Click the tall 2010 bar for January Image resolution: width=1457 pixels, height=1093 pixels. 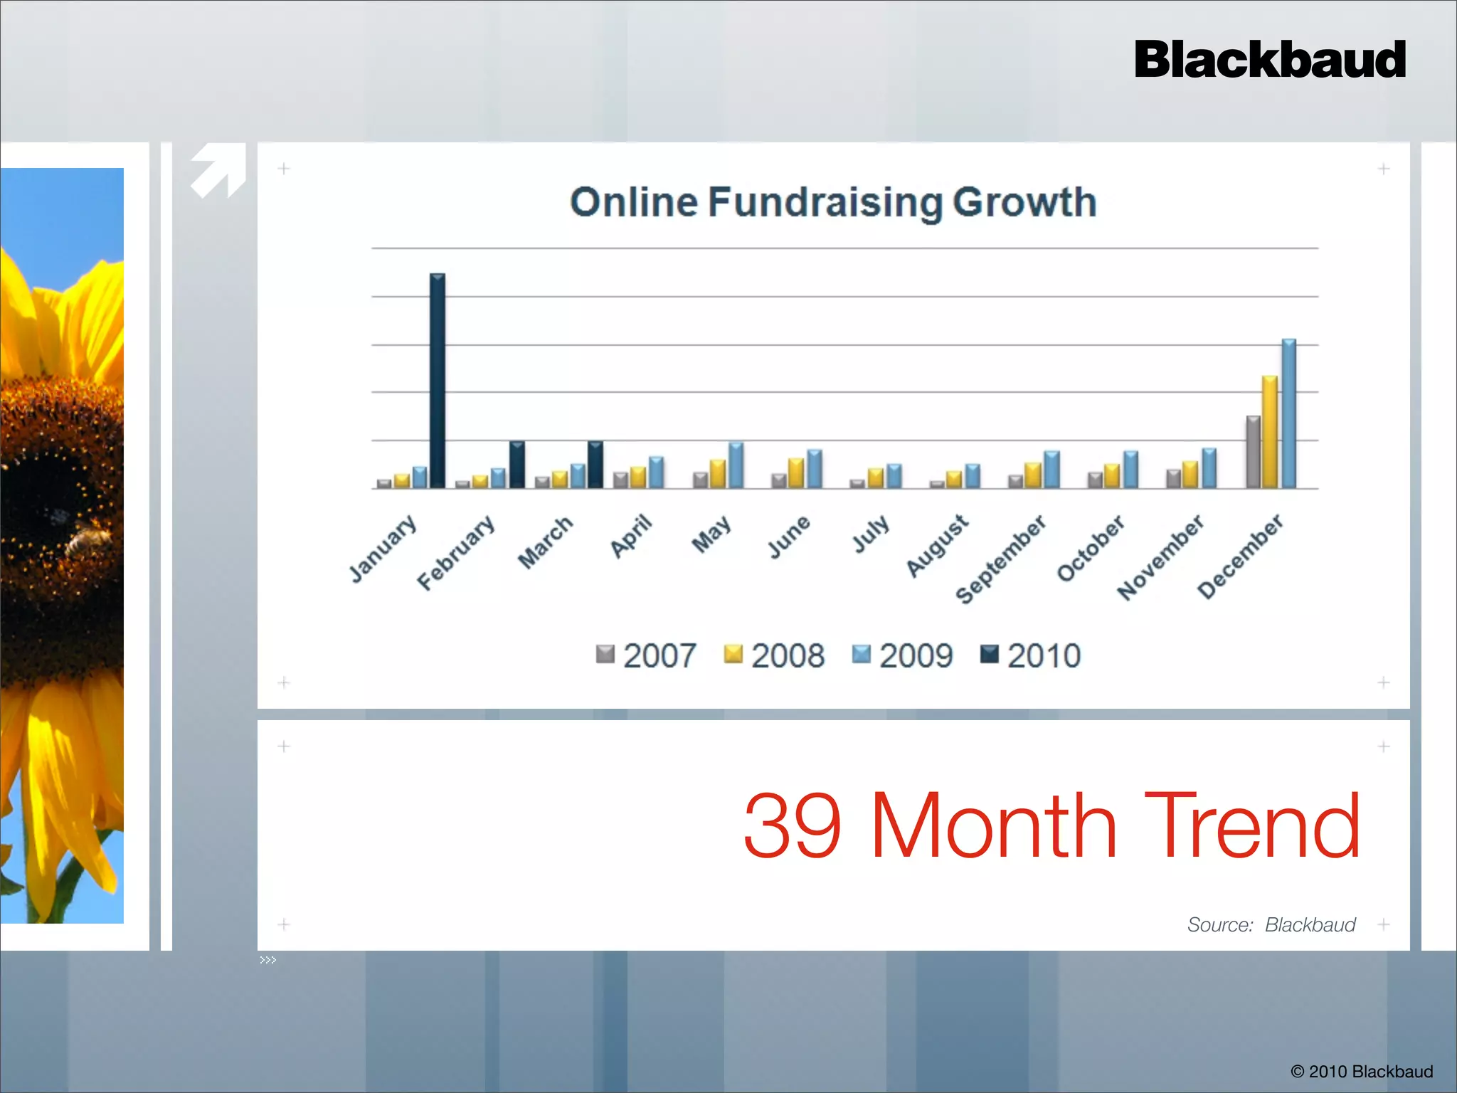tap(438, 381)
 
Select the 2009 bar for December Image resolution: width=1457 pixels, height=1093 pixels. tap(1288, 413)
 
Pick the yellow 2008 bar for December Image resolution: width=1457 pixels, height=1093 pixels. tap(1269, 432)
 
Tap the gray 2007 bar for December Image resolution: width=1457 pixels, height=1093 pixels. tap(1253, 452)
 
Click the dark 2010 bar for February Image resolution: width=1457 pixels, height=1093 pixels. tap(517, 465)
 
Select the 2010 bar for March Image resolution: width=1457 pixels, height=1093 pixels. tap(595, 465)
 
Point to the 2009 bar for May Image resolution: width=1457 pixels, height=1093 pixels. tap(736, 465)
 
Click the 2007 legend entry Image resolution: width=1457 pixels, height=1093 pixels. tap(646, 655)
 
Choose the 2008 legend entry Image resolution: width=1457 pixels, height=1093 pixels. tap(774, 655)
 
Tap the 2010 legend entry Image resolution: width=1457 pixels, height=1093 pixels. tap(1030, 655)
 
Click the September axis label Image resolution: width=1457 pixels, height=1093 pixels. tap(1000, 559)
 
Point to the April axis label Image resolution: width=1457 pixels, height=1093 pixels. tap(631, 536)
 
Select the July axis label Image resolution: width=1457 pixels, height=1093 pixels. tap(871, 534)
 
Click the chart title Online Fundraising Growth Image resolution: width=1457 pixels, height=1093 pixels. tap(833, 202)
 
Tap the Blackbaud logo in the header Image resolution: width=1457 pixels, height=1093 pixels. tap(1270, 60)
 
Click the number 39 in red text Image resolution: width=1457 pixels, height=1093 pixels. tap(793, 826)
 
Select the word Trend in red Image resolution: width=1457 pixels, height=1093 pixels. tap(1252, 826)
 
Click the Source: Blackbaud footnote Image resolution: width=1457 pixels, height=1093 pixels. tap(1271, 924)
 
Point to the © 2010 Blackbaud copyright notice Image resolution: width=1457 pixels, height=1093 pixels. tap(1362, 1071)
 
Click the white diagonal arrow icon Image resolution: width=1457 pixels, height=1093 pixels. tap(218, 170)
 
